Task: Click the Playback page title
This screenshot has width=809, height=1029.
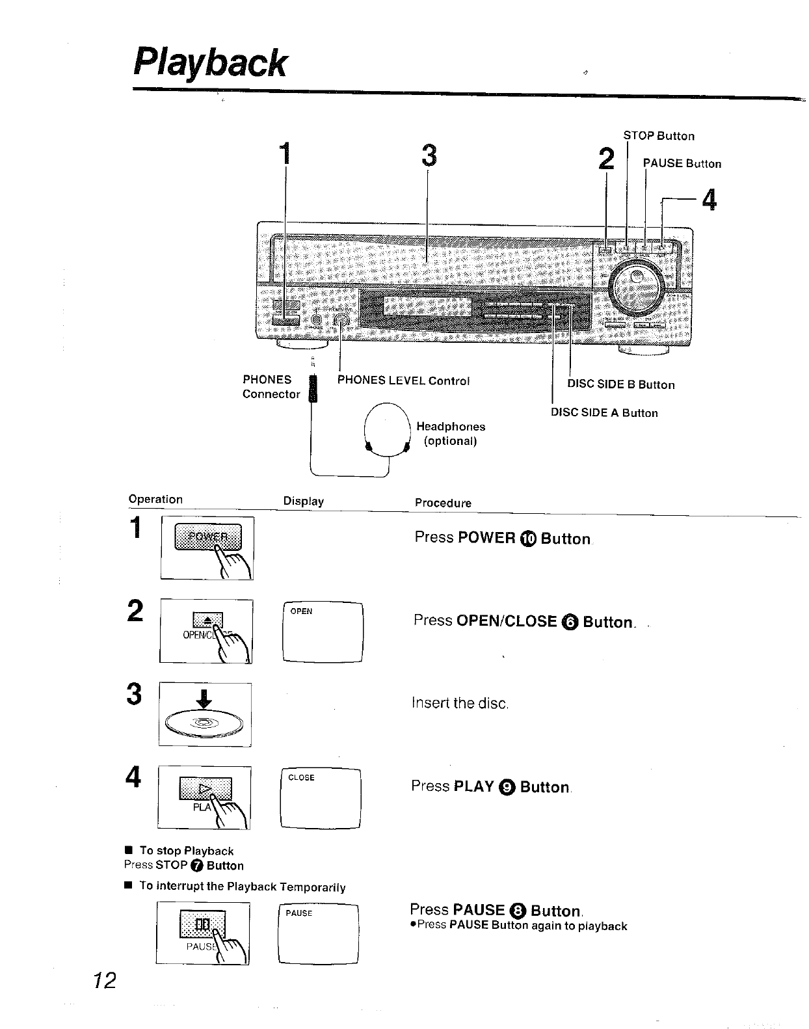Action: point(209,63)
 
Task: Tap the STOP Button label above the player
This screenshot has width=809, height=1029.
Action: point(659,136)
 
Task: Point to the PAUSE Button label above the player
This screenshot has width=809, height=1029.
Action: point(682,164)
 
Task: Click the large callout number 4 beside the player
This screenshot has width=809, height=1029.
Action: point(710,200)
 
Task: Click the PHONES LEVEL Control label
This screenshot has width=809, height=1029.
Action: point(403,381)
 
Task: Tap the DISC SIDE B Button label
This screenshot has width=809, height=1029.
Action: point(621,384)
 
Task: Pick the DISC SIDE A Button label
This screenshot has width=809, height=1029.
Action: point(604,413)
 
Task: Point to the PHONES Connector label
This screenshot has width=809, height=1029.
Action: point(271,387)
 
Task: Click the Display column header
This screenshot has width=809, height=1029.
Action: point(303,501)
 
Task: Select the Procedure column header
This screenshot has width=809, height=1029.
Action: point(443,503)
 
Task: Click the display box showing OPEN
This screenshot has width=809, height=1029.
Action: point(323,632)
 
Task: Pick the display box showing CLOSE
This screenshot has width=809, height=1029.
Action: point(320,798)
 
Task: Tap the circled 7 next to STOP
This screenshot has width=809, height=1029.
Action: point(197,866)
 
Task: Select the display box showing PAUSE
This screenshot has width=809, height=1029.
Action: point(318,933)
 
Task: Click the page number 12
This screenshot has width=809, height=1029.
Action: point(103,980)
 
